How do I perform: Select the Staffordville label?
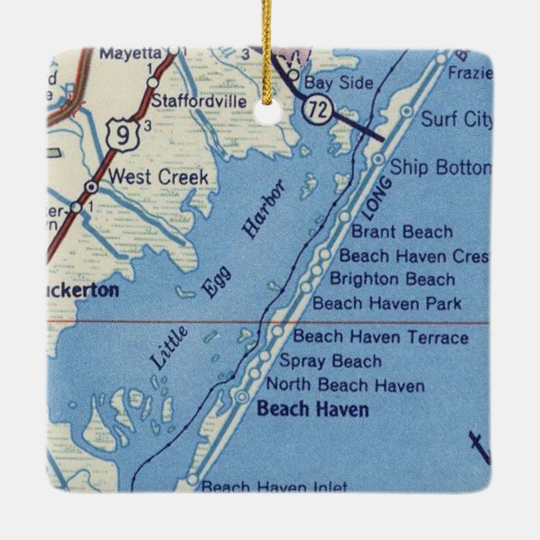click(200, 101)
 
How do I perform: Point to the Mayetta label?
click(131, 53)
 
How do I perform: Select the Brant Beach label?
click(402, 231)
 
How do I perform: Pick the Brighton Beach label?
click(392, 279)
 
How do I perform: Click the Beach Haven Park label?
click(387, 303)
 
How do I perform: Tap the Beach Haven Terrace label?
click(380, 338)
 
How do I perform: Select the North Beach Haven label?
click(345, 386)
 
